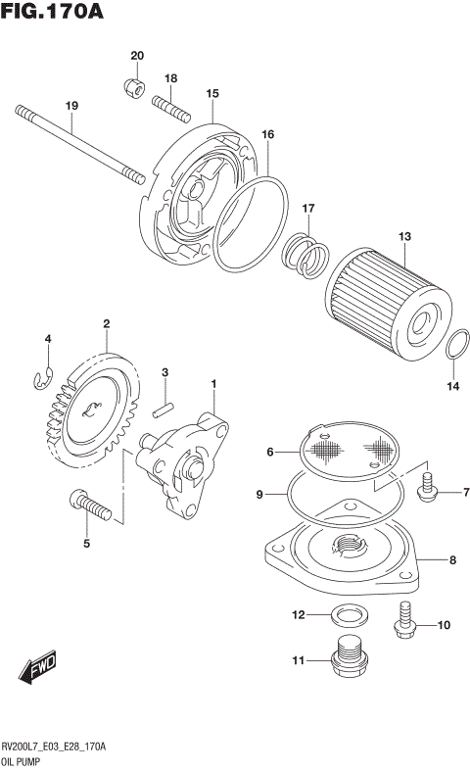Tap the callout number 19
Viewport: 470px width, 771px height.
pyautogui.click(x=71, y=106)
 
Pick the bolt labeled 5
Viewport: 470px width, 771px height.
pyautogui.click(x=90, y=506)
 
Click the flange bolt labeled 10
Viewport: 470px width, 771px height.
pyautogui.click(x=406, y=621)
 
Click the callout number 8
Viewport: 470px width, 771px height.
pyautogui.click(x=452, y=561)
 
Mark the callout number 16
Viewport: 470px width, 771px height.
pyautogui.click(x=267, y=134)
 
